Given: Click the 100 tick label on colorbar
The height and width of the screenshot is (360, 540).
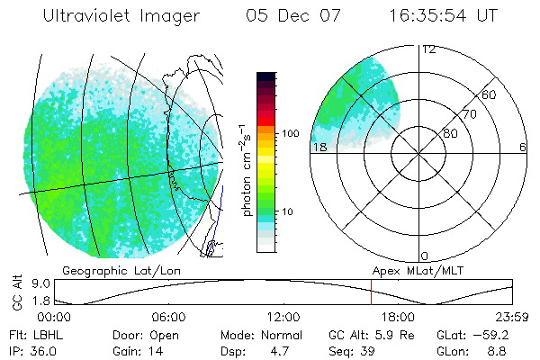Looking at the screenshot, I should (291, 132).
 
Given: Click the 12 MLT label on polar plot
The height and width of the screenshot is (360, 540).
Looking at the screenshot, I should (428, 49).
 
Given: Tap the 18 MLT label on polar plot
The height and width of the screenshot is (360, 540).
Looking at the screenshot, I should (319, 148).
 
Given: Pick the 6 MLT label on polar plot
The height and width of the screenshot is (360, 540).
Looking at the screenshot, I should (523, 148).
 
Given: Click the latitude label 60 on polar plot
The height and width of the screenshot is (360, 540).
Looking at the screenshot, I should (490, 94).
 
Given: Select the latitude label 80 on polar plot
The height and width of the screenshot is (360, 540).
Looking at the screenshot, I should (451, 133).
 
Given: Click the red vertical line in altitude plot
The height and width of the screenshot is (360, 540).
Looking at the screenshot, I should (371, 293).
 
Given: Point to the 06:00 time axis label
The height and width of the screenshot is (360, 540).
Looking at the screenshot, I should (168, 318).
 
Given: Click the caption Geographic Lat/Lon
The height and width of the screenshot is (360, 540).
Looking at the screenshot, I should (111, 270).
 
